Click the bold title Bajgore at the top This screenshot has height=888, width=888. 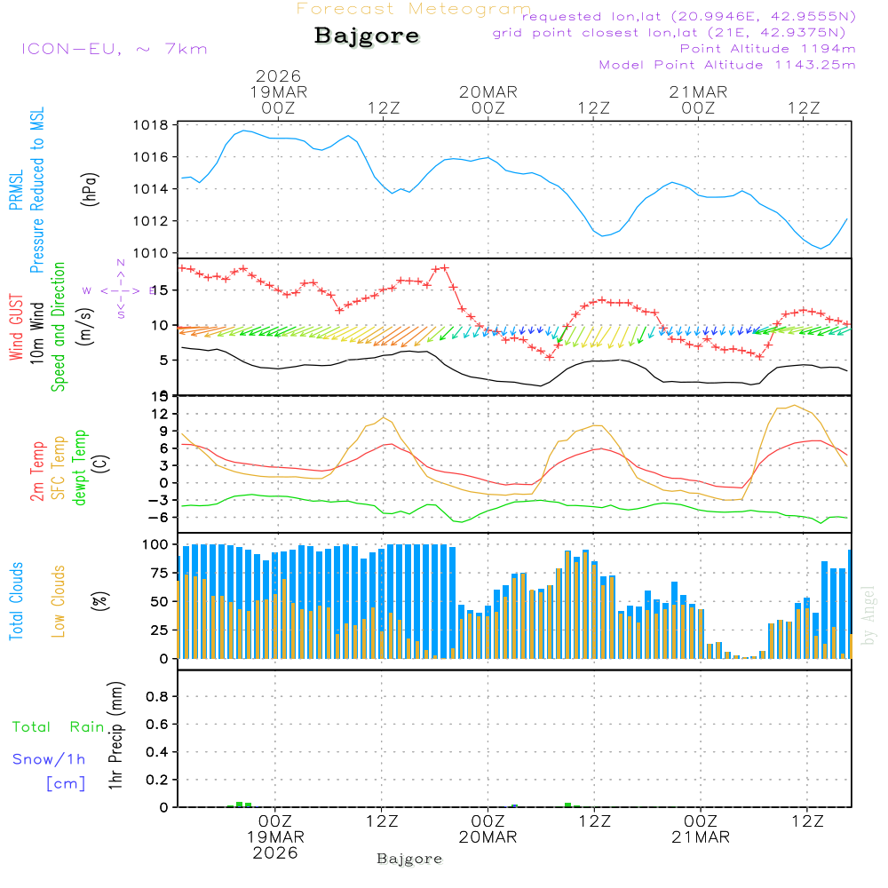pos(367,36)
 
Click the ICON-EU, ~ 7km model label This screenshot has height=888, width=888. pos(114,49)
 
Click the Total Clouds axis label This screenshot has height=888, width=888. pos(16,601)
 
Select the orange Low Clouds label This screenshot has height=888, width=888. pos(59,601)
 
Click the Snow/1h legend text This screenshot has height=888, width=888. pos(50,759)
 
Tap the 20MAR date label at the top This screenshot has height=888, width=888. pos(488,92)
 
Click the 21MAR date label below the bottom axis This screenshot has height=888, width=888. pos(700,837)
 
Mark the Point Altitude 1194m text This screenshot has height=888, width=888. pos(767,49)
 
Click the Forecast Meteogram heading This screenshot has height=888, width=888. pos(414,9)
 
